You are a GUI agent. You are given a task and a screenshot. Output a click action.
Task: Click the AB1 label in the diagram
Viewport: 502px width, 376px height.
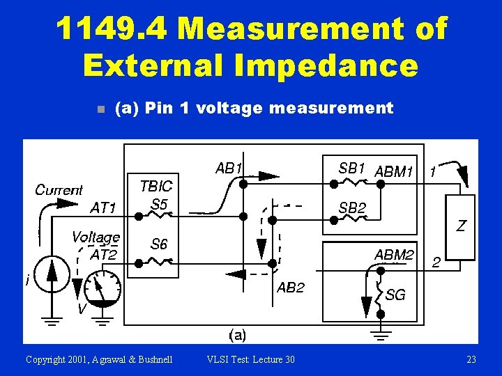[229, 169]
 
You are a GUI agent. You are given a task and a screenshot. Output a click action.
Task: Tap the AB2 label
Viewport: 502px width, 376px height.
[291, 288]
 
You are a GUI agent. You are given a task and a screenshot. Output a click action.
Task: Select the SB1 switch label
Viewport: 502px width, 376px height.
[352, 168]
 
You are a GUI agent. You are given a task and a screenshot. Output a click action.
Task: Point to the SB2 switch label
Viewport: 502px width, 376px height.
[352, 207]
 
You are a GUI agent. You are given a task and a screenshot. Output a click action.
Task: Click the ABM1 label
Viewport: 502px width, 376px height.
[395, 171]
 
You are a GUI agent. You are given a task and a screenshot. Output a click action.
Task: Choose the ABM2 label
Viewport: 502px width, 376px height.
[395, 255]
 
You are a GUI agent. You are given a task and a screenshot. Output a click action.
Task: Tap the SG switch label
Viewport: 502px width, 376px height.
[395, 295]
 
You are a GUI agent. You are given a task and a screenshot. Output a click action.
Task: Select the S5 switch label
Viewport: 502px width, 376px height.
[160, 205]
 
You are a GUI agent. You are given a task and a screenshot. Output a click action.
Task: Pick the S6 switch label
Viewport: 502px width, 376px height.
[160, 244]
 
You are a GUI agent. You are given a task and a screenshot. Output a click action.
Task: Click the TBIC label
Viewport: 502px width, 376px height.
[156, 187]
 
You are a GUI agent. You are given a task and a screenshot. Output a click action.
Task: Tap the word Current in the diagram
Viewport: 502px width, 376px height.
[59, 189]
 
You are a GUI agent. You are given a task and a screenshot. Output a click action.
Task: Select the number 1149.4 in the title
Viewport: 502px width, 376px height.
[112, 29]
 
